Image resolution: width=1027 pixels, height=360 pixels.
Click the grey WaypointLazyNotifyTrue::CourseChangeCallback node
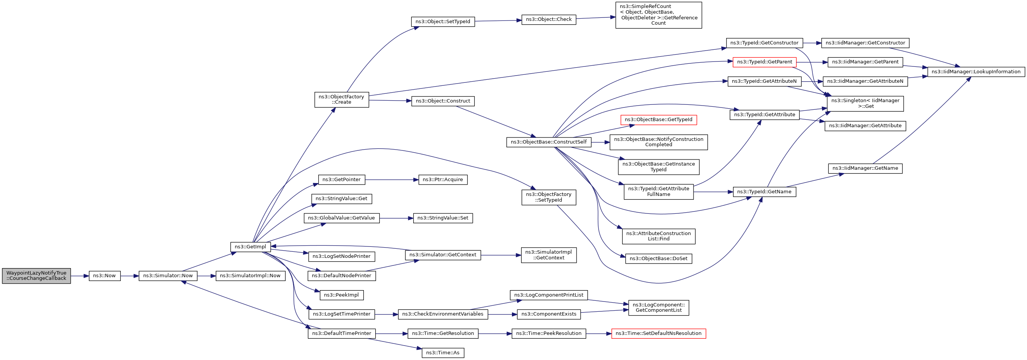(36, 275)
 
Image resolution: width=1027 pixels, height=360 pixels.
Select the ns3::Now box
(104, 275)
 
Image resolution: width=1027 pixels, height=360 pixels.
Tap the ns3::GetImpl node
(250, 247)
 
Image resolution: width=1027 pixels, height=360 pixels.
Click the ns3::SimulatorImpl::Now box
(250, 275)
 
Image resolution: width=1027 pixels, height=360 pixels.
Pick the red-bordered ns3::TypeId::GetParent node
(764, 62)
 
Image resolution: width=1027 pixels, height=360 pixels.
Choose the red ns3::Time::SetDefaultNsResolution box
(658, 333)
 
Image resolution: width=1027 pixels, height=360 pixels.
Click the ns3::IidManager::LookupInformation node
(976, 72)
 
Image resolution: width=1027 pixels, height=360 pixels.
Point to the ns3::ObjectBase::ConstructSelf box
(548, 142)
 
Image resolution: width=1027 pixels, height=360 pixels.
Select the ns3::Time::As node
(442, 353)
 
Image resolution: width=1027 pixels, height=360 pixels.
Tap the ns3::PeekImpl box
(341, 295)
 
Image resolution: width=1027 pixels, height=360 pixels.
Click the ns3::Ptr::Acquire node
(442, 180)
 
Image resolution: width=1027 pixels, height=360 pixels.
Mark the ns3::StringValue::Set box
(442, 218)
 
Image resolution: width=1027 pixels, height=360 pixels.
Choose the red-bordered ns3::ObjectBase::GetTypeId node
(658, 120)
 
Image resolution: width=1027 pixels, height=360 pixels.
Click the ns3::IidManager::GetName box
(865, 168)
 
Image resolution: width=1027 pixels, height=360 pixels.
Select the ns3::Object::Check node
(548, 19)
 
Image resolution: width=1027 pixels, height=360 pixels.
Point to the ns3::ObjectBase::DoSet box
(658, 259)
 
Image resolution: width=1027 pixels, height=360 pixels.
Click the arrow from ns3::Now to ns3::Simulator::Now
(130, 275)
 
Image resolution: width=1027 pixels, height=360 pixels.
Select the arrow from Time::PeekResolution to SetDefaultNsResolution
(599, 333)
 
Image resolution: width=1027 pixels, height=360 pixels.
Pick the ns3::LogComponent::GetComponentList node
(658, 307)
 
